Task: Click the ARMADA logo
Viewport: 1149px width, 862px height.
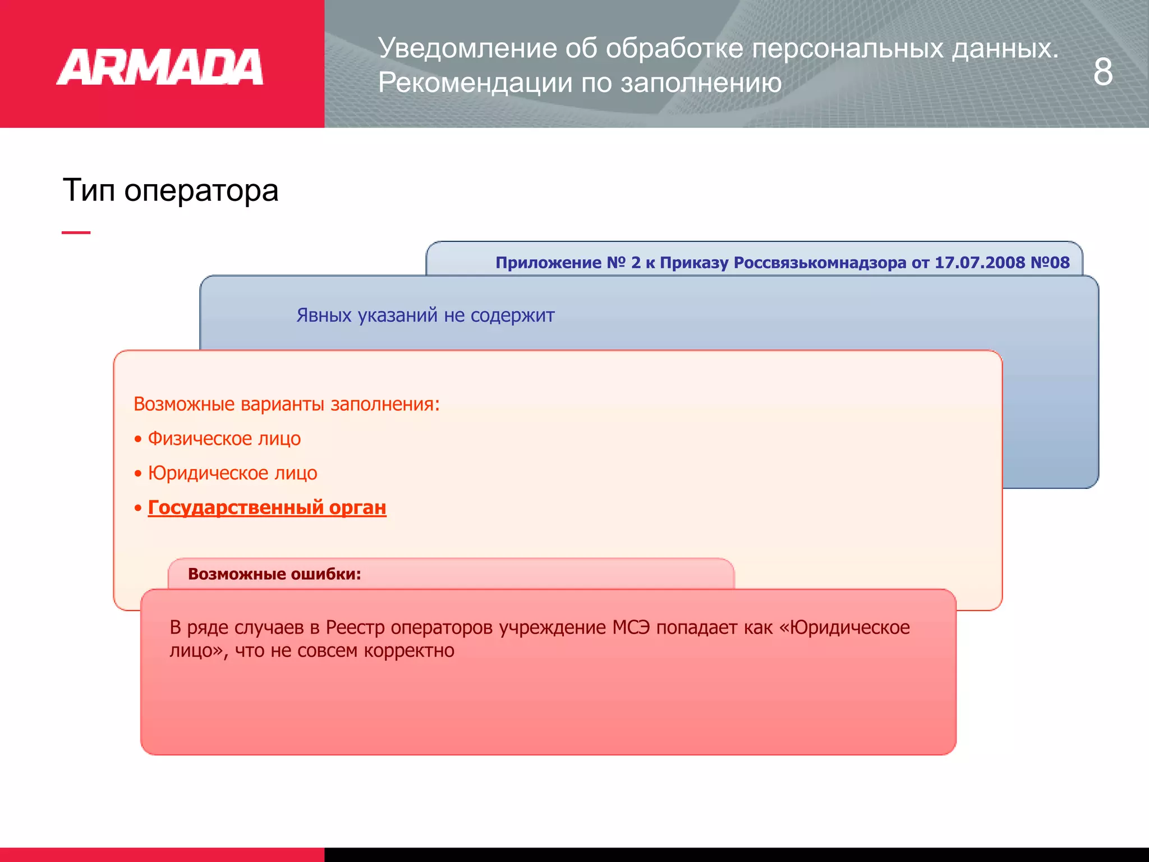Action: click(x=160, y=67)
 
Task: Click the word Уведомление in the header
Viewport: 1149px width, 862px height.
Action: click(x=467, y=48)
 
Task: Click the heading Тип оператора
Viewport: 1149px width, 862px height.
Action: click(x=171, y=190)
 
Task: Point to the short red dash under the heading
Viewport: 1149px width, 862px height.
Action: click(x=76, y=232)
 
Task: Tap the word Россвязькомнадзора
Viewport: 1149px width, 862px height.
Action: click(x=820, y=263)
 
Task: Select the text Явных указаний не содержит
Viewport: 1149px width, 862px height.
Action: click(x=425, y=315)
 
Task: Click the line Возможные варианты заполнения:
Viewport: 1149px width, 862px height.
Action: click(x=287, y=404)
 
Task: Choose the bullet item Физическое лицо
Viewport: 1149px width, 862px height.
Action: click(x=224, y=438)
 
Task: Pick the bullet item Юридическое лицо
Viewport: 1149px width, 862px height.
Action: click(x=232, y=473)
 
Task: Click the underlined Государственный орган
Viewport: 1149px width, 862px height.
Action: click(x=267, y=507)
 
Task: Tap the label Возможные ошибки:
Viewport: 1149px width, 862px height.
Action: click(x=274, y=574)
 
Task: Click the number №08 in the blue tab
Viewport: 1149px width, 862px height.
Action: click(x=1050, y=263)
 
